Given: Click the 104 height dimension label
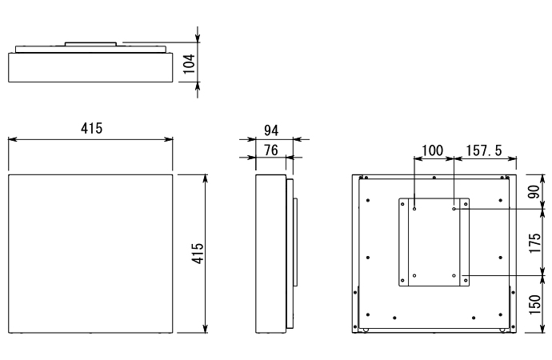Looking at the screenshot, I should pos(189,64).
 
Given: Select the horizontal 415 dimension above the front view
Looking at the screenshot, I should pos(90,129).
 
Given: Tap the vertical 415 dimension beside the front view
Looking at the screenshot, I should pos(198,253).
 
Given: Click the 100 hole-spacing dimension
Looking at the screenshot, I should pos(433,149).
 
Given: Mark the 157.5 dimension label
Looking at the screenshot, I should pos(482,149).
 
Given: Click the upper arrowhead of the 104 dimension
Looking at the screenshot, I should pos(198,40).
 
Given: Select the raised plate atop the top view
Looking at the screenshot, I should pos(91,43).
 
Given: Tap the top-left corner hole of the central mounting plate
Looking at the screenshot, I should pos(414,210).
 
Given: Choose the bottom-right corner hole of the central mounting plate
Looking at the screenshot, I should pos(454,275).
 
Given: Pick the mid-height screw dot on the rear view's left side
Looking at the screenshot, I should pos(366,257).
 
